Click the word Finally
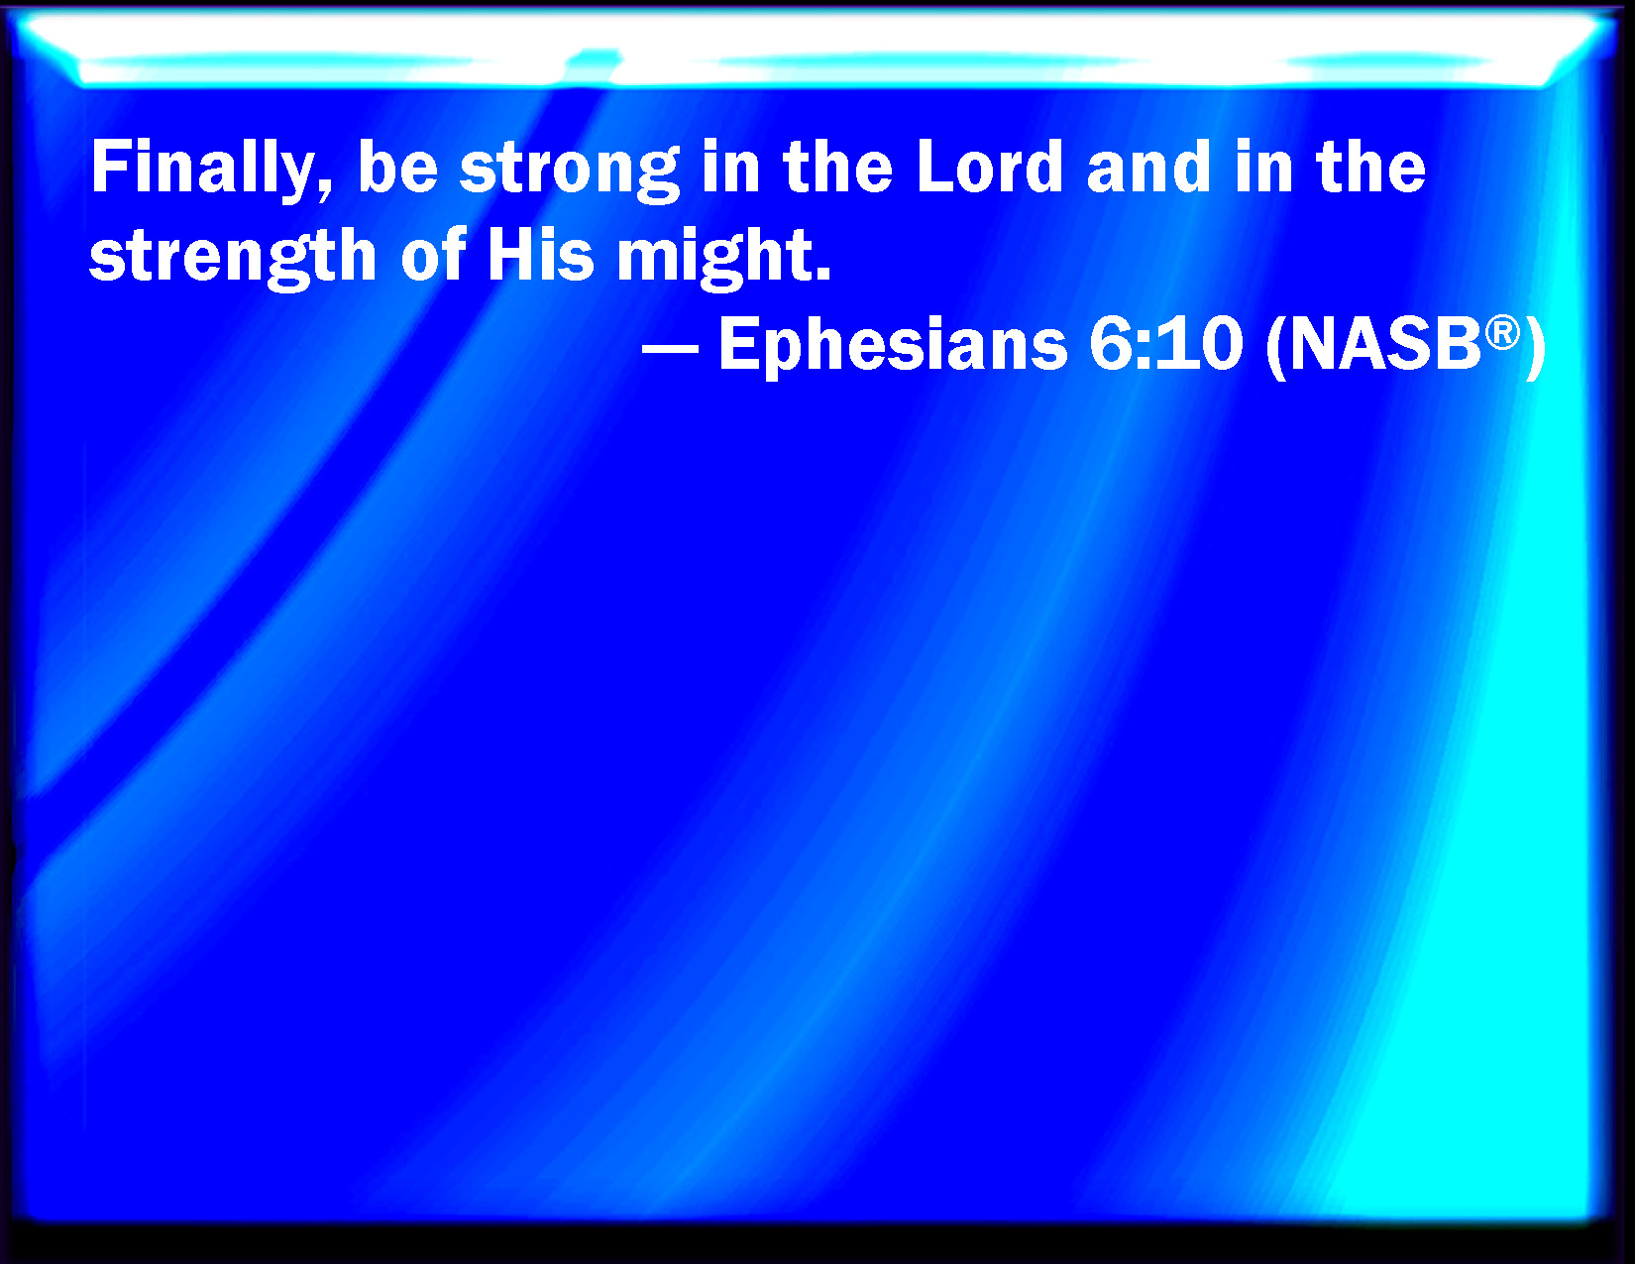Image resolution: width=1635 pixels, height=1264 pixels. coord(201,171)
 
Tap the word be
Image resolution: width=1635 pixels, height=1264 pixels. coord(397,167)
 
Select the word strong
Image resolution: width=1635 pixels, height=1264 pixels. coord(570,172)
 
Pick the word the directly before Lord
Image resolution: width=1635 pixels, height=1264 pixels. coord(837,167)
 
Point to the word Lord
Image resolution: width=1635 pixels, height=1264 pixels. coord(989,167)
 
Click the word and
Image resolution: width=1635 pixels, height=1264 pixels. coord(1148,167)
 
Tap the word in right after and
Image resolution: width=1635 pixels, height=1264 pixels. coord(1263,167)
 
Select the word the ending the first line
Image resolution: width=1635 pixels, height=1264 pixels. coord(1370,167)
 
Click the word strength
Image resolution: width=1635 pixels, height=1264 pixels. coord(233,259)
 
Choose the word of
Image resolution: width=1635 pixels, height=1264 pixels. coord(433,254)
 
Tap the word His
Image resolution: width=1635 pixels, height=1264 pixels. coord(541,254)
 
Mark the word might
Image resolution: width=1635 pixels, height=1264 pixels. coord(714,259)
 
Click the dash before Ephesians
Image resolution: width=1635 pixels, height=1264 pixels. coord(670,351)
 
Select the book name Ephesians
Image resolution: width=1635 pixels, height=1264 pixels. coord(893,346)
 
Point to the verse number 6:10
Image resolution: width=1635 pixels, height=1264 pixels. coord(1165,343)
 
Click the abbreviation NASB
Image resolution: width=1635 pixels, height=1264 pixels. coord(1386,343)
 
